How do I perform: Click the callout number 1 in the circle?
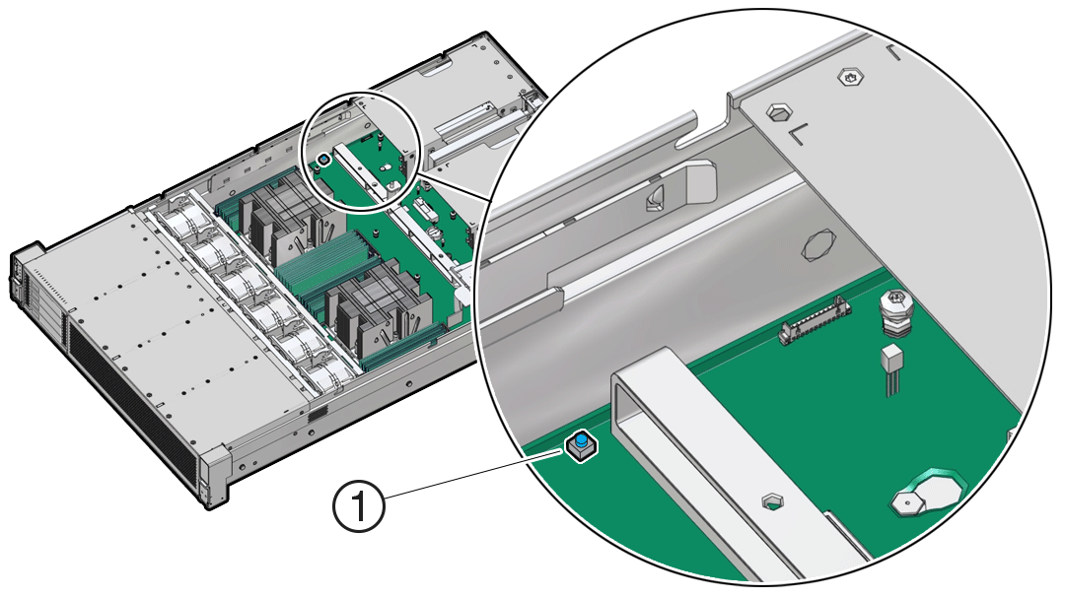coord(359,508)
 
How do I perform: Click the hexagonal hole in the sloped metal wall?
coord(820,247)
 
